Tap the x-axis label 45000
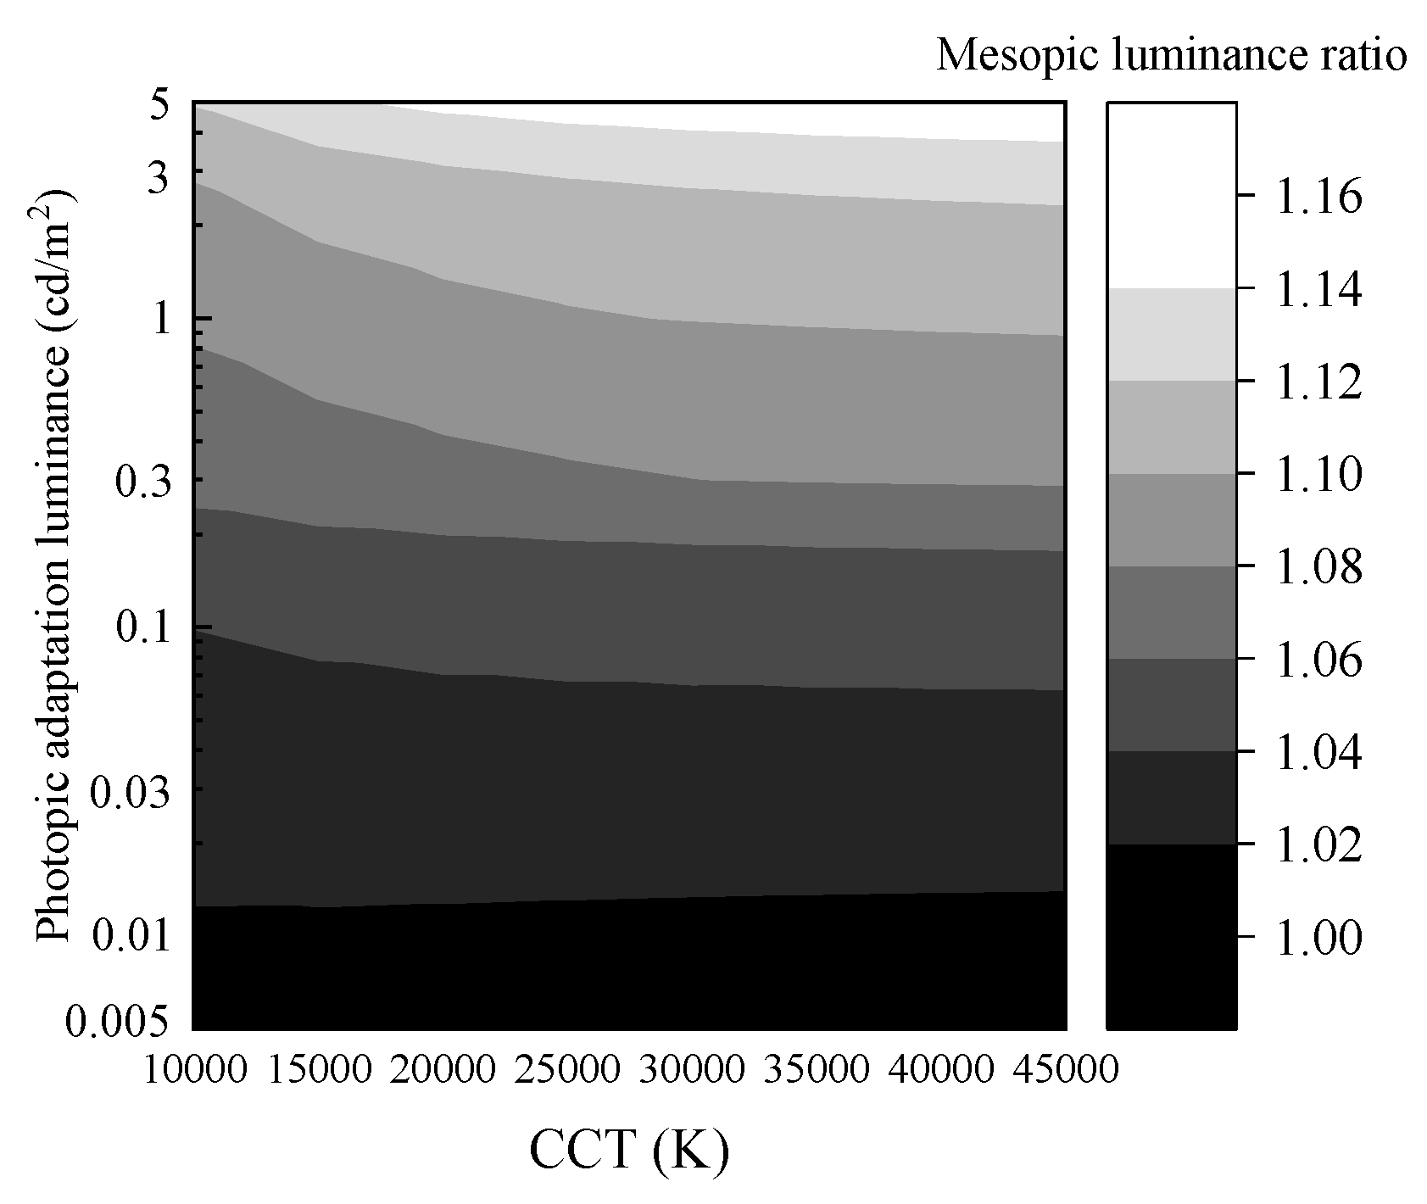(x=1065, y=1069)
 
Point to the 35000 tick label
(x=817, y=1069)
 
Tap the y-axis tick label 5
(x=162, y=108)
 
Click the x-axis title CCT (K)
(x=629, y=1151)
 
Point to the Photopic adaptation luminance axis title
(x=56, y=566)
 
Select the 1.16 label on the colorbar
(x=1318, y=197)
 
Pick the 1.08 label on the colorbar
(x=1318, y=567)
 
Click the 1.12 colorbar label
(x=1318, y=382)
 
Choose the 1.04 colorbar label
(x=1318, y=753)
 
